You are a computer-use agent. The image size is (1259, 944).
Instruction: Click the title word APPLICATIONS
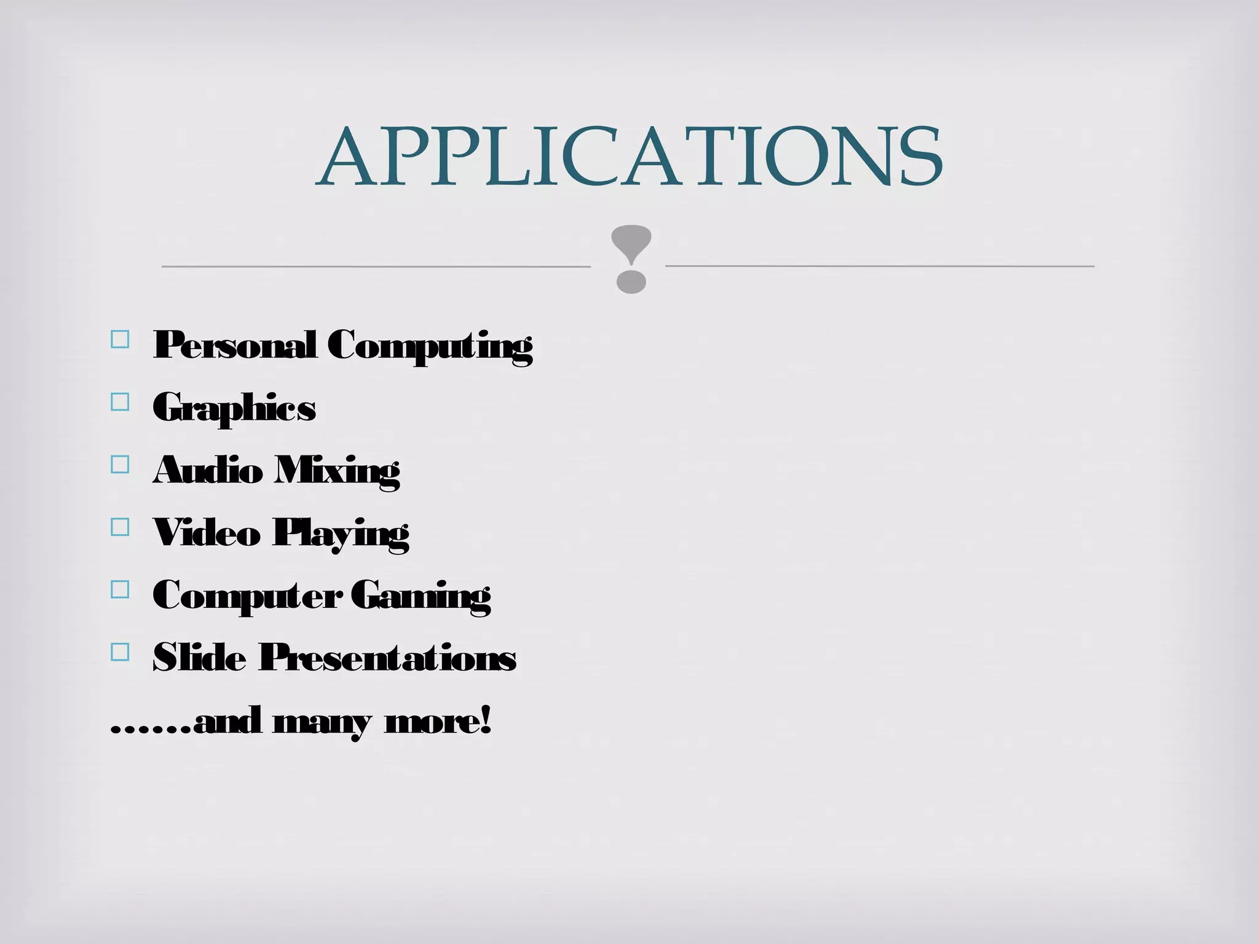pos(629,157)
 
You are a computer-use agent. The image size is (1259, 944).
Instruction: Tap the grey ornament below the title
pos(631,259)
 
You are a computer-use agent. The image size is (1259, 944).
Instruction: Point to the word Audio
pos(207,470)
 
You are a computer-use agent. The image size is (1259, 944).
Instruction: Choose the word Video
pos(207,532)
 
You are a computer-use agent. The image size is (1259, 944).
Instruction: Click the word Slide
pos(199,657)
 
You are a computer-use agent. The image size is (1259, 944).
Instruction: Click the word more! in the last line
pos(438,721)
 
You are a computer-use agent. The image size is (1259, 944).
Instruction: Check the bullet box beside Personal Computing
pos(120,340)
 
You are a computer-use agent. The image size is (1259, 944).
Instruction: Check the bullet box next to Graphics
pos(120,402)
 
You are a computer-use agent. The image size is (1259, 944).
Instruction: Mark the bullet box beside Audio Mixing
pos(120,464)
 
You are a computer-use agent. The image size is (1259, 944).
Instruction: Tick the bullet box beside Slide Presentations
pos(120,651)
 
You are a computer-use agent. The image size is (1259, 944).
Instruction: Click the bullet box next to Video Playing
pos(120,527)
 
